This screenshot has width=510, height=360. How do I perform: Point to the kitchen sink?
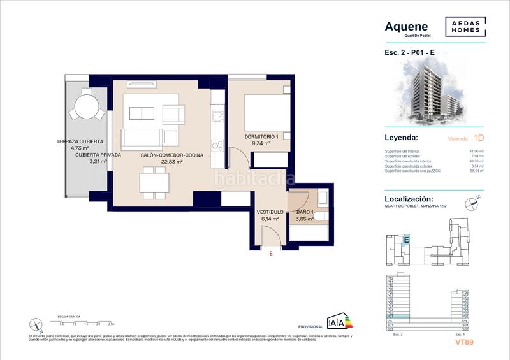pos(216,117)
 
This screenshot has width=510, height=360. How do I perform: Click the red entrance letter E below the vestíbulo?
pos(270,254)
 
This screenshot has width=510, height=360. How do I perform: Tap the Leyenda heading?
pos(402,138)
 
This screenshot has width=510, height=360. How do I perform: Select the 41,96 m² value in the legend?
pos(477,151)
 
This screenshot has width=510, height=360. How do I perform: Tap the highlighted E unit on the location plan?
pos(405,240)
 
